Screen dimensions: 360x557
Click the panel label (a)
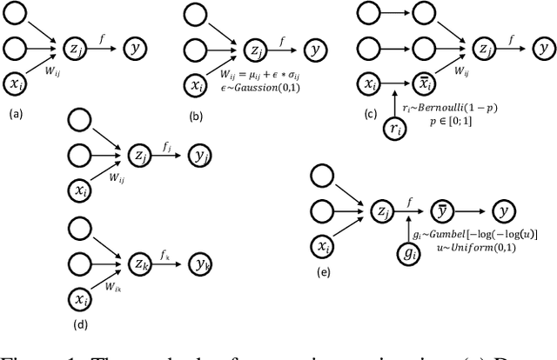pos(15,112)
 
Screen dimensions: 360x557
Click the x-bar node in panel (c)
pos(426,83)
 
